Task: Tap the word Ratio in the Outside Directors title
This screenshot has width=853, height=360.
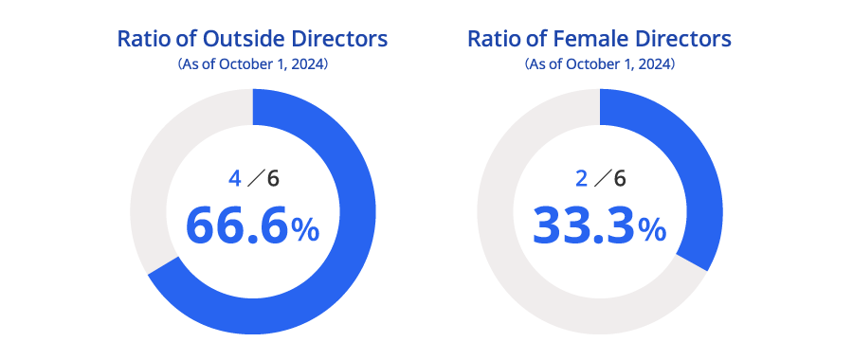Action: click(140, 40)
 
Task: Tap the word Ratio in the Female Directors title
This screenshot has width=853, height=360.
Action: click(491, 40)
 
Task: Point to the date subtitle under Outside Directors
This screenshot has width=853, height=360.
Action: click(253, 64)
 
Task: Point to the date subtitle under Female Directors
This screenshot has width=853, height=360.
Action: click(600, 64)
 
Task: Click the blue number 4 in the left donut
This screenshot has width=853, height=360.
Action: click(235, 178)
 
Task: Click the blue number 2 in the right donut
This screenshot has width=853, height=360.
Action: click(582, 178)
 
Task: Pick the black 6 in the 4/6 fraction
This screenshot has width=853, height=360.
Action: click(274, 178)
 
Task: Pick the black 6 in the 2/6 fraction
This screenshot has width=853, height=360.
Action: click(621, 178)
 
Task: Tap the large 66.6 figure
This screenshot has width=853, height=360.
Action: click(236, 226)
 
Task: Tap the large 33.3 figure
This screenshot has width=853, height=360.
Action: click(583, 226)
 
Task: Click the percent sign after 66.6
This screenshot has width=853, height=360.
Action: click(305, 230)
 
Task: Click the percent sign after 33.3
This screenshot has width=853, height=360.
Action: click(652, 230)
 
